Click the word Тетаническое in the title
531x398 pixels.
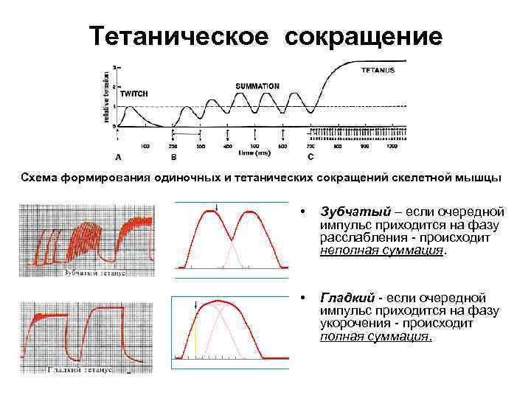pos(178,35)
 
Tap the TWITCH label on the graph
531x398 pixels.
pos(133,94)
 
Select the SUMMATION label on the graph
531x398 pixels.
pos(257,86)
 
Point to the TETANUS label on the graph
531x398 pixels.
pos(378,70)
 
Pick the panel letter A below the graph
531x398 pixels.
pos(118,157)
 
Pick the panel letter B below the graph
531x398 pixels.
pos(173,157)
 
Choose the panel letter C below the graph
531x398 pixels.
pos(310,157)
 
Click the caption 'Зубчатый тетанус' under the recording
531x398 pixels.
pos(96,273)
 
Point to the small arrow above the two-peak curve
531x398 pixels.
pos(216,206)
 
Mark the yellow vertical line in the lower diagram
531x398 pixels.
pos(196,341)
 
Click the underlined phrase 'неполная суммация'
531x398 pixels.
pos(382,250)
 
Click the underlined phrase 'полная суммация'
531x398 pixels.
pos(375,336)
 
